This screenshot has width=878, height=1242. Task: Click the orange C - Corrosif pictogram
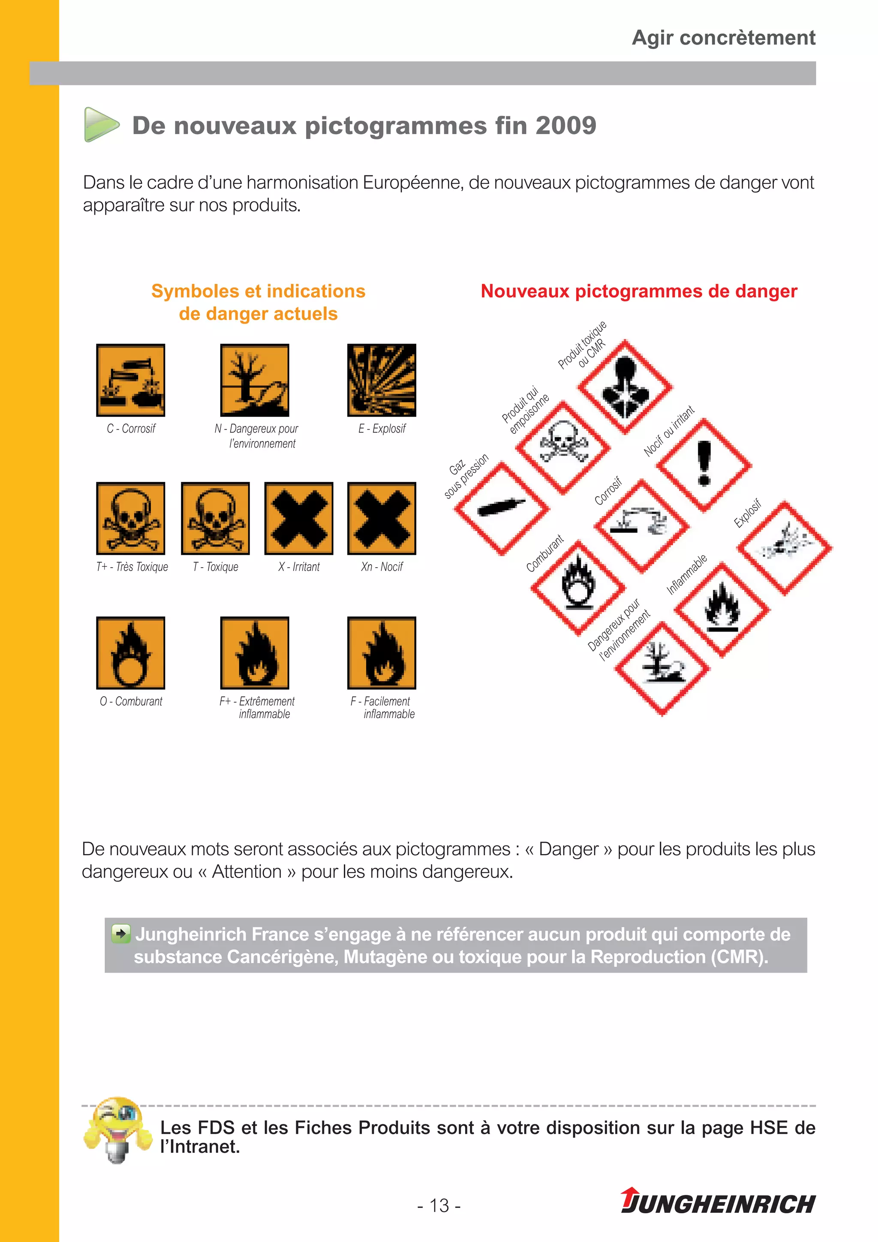130,380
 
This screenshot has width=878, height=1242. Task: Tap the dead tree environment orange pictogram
254,380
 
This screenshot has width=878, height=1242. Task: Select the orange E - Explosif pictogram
382,380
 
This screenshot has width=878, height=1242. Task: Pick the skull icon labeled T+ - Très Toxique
130,518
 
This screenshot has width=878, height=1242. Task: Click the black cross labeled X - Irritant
299,518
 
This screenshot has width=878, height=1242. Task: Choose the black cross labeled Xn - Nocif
382,518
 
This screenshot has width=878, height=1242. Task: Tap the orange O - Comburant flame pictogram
130,653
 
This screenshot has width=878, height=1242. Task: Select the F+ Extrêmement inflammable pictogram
254,653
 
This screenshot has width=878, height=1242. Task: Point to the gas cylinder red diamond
502,508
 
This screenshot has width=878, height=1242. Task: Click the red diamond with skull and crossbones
563,447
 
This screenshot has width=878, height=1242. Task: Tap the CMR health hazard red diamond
625,387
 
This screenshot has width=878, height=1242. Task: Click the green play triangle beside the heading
101,125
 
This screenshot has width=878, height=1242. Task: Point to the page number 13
439,1205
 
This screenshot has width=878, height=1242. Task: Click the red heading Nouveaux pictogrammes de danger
638,291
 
